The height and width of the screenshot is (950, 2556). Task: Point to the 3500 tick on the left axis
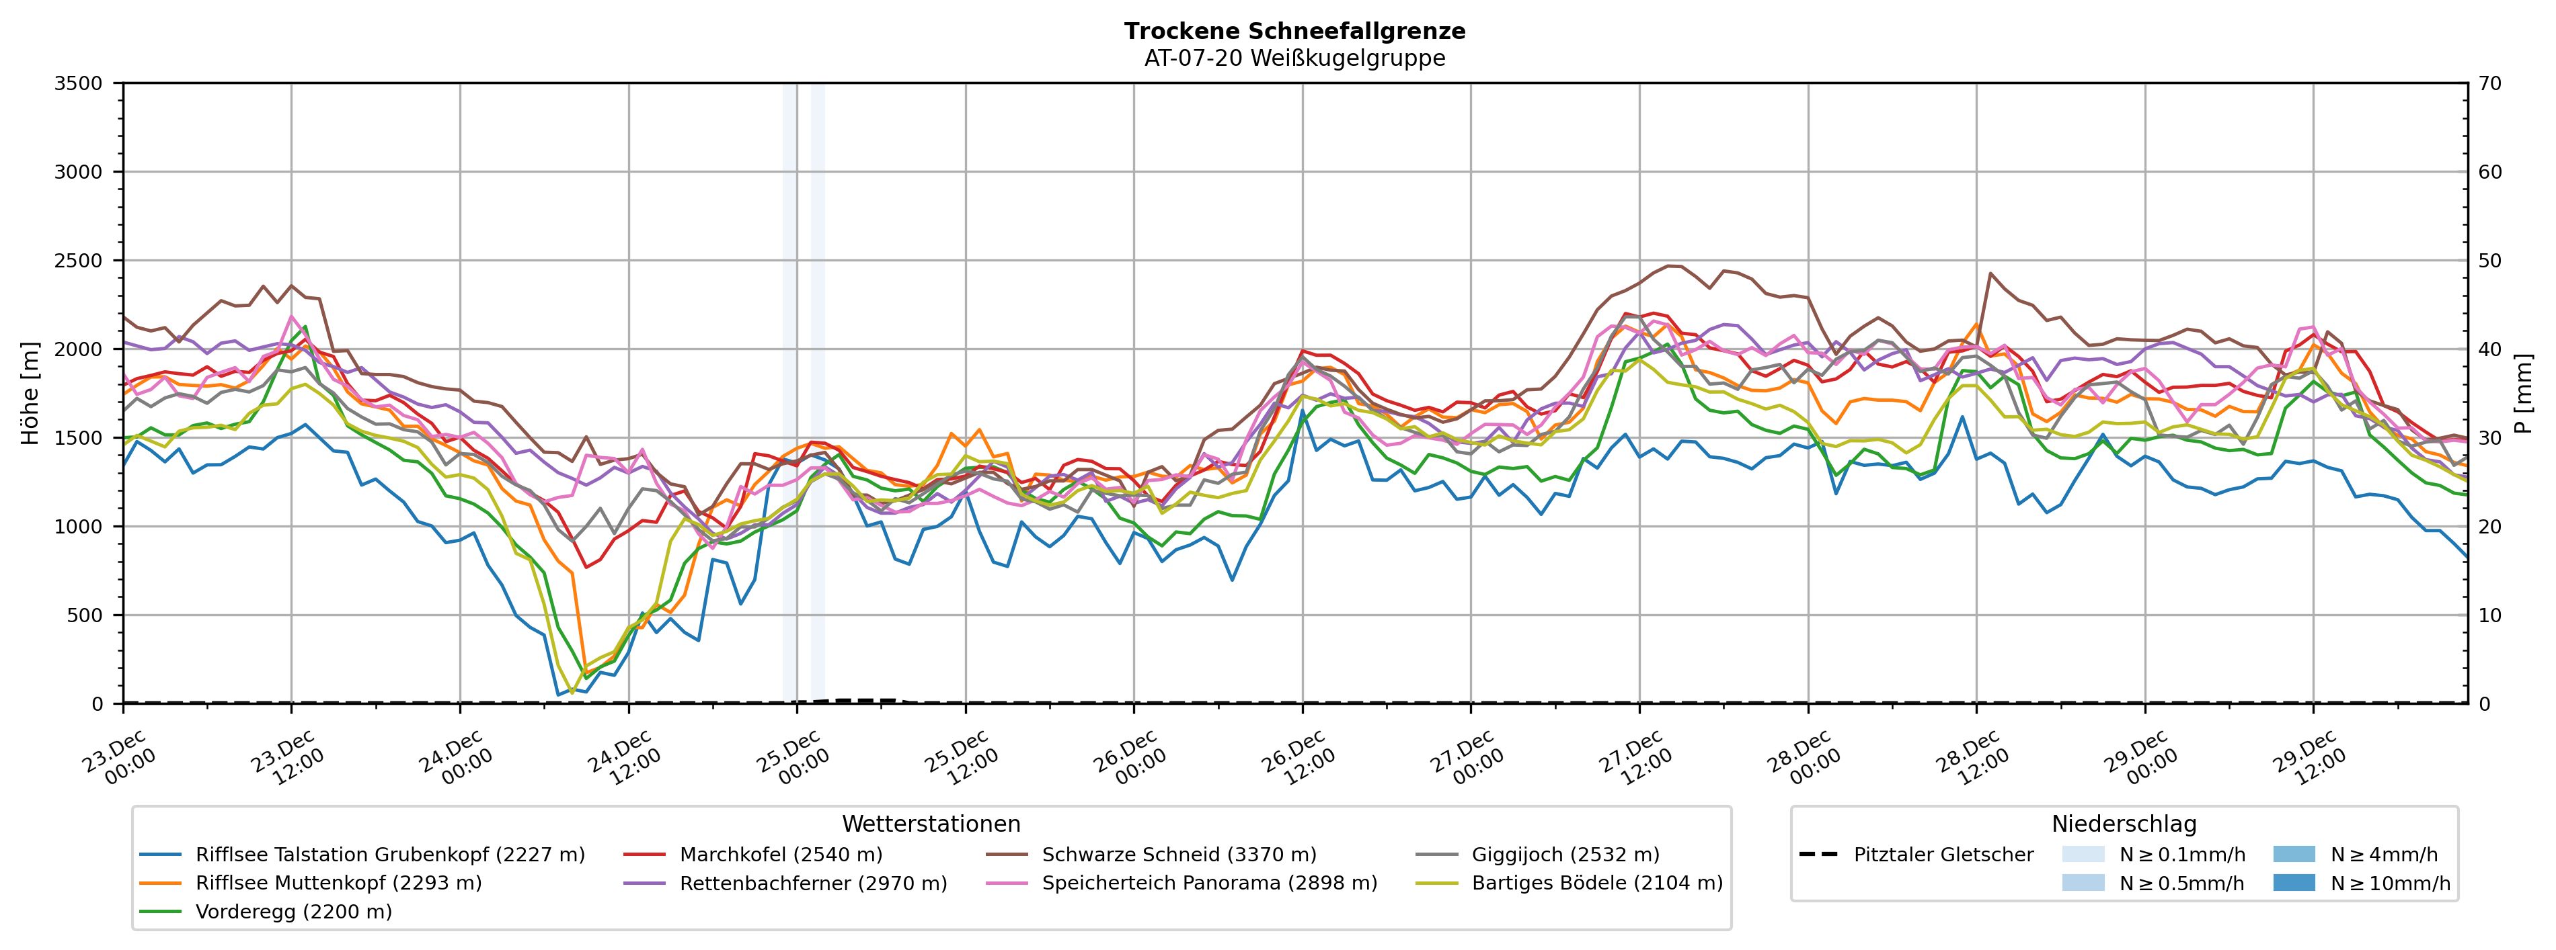point(79,83)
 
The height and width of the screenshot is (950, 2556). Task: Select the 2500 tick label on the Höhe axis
point(79,261)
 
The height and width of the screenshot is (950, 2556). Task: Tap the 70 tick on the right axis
point(2489,83)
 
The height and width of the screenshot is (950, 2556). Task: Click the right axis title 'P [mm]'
point(2523,394)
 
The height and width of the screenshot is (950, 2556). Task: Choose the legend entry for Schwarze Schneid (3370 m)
point(1179,855)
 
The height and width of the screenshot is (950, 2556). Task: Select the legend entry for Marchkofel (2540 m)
point(780,855)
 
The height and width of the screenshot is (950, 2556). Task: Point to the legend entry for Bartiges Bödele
point(1596,883)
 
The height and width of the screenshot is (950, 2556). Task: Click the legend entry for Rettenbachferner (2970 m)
point(812,883)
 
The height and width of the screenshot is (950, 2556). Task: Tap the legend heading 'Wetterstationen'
point(931,824)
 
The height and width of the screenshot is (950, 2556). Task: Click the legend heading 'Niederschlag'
point(2124,824)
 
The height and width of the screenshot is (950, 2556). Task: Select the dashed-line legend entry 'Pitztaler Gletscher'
point(1943,855)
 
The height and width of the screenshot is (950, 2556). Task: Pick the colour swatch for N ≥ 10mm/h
point(2293,883)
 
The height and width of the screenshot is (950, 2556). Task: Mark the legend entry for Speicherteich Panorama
point(1208,883)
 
